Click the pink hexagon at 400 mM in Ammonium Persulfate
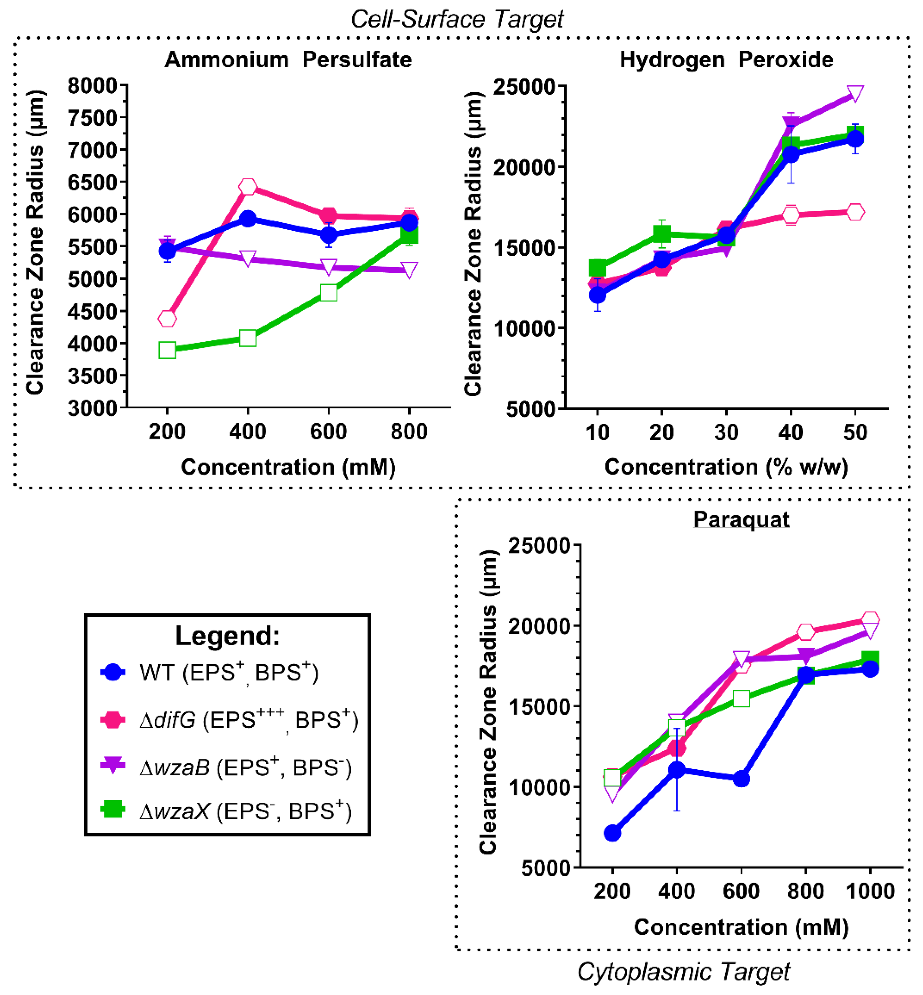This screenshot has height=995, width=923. pyautogui.click(x=248, y=187)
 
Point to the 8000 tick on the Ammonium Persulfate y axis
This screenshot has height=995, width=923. pyautogui.click(x=92, y=86)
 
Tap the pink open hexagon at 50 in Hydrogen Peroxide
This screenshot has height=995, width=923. pyautogui.click(x=855, y=212)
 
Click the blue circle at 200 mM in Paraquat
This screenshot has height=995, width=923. pyautogui.click(x=612, y=833)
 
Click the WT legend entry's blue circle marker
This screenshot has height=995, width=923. pyautogui.click(x=113, y=672)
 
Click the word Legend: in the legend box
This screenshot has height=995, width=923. pyautogui.click(x=227, y=636)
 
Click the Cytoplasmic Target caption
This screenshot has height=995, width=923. pyautogui.click(x=683, y=972)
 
